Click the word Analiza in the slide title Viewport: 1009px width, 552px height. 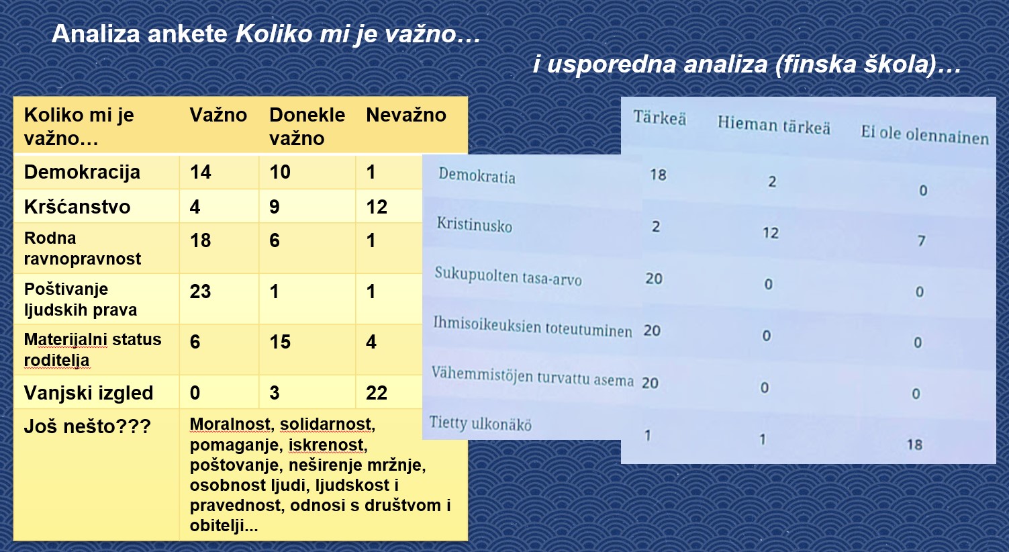pyautogui.click(x=95, y=34)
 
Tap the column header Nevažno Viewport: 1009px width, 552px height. pyautogui.click(x=406, y=116)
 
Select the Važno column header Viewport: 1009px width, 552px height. pyautogui.click(x=218, y=116)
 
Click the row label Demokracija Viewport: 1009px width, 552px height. pyautogui.click(x=82, y=172)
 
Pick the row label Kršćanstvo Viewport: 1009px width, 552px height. pyautogui.click(x=77, y=207)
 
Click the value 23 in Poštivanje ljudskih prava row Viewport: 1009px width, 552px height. pyautogui.click(x=200, y=291)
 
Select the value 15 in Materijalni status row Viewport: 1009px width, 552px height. pyautogui.click(x=280, y=342)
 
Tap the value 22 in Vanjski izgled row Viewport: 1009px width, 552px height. pyautogui.click(x=377, y=393)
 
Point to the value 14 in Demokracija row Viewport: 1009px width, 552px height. pyautogui.click(x=200, y=172)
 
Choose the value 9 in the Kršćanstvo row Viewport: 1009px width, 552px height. pyautogui.click(x=275, y=207)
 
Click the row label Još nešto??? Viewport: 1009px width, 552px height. pyautogui.click(x=87, y=426)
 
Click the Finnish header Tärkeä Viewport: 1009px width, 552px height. pyautogui.click(x=660, y=118)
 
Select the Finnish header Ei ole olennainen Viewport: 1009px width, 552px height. pyautogui.click(x=925, y=135)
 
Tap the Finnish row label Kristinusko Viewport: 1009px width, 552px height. pyautogui.click(x=475, y=224)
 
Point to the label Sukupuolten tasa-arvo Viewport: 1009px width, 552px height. pyautogui.click(x=508, y=276)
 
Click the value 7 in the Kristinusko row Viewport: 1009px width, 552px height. pyautogui.click(x=922, y=240)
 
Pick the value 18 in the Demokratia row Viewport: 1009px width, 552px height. pyautogui.click(x=658, y=175)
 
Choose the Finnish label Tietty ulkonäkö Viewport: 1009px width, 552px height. pyautogui.click(x=480, y=424)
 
